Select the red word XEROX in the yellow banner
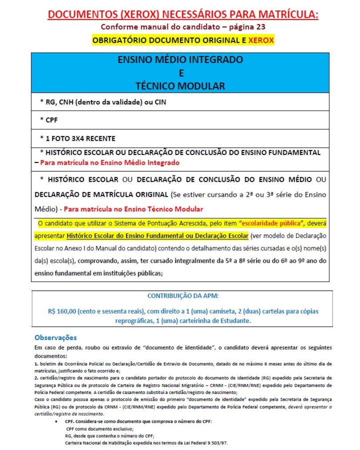tap(261, 40)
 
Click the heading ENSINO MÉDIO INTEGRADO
tap(180, 60)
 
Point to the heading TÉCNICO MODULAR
tap(180, 85)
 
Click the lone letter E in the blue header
tap(180, 73)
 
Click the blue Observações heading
tap(56, 338)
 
